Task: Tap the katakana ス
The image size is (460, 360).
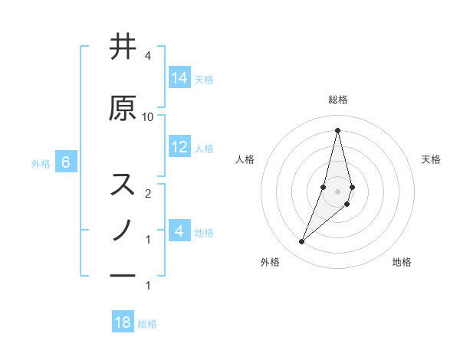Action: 123,185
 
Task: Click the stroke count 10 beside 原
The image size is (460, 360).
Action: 148,116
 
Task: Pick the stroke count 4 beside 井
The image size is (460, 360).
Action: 148,56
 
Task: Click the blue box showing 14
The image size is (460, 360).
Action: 179,78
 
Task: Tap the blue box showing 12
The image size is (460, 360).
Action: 179,147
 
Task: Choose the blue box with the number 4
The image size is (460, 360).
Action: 179,231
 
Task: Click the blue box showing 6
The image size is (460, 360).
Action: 66,162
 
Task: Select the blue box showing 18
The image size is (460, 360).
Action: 123,322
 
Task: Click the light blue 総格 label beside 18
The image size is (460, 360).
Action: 147,324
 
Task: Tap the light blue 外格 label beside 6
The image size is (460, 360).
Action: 41,163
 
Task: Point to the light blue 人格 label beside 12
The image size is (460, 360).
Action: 204,149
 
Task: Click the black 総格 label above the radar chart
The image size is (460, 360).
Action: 337,100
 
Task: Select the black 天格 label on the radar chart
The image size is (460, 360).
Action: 431,159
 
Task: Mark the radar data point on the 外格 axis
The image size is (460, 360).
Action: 301,242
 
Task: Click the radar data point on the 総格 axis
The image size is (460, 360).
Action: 337,129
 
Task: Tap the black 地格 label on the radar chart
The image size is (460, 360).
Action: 402,263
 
